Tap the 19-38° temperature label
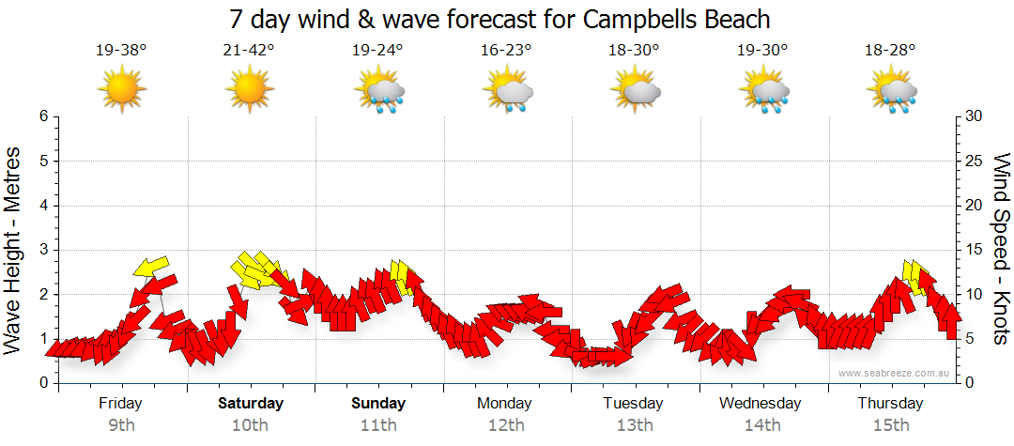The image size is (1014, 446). pyautogui.click(x=121, y=51)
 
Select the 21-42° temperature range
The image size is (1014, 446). pyautogui.click(x=249, y=51)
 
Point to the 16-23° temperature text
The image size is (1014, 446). pyautogui.click(x=506, y=51)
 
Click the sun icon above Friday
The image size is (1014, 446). pyautogui.click(x=121, y=91)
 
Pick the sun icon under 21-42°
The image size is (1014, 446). pyautogui.click(x=249, y=91)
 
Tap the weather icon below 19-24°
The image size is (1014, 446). pyautogui.click(x=378, y=93)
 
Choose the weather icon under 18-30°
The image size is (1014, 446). pyautogui.click(x=635, y=91)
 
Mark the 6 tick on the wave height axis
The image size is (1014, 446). pyautogui.click(x=42, y=116)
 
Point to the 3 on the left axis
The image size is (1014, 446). pyautogui.click(x=42, y=250)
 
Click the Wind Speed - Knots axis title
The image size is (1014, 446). pyautogui.click(x=1001, y=250)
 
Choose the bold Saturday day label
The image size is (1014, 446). pyautogui.click(x=250, y=404)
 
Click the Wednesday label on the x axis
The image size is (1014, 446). pyautogui.click(x=760, y=404)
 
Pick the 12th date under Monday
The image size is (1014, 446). pyautogui.click(x=506, y=425)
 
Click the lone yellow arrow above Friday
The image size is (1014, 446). pyautogui.click(x=150, y=268)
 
